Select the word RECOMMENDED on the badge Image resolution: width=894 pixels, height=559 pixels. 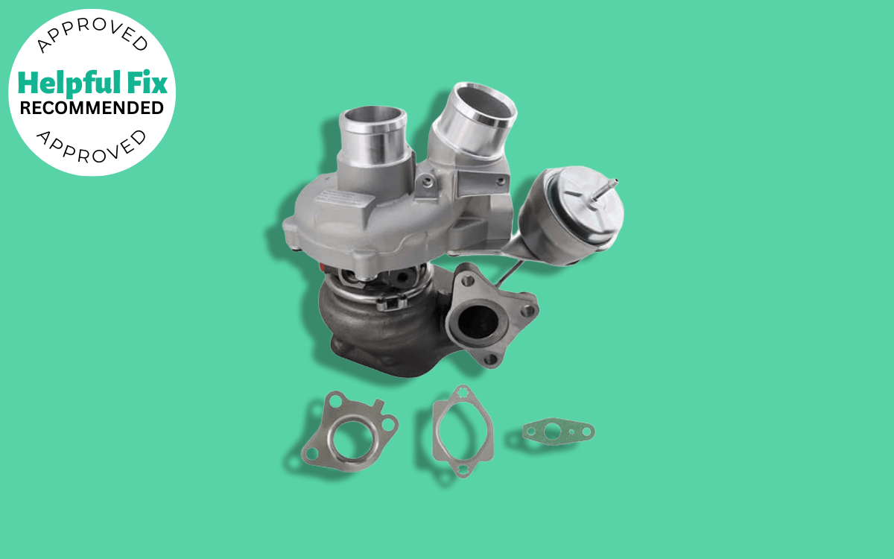coord(92,108)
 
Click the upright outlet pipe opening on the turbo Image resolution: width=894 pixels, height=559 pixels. coord(372,119)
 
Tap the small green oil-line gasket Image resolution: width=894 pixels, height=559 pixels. coord(558,431)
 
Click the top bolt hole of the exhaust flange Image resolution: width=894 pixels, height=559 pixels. coord(469,281)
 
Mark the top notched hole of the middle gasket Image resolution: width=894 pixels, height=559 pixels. coord(463,394)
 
